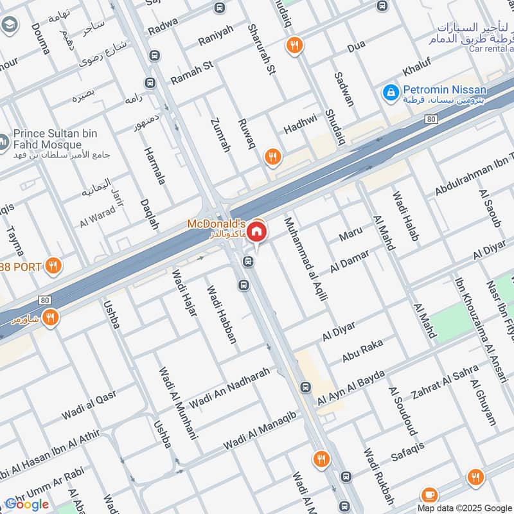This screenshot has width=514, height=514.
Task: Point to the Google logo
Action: click(x=27, y=504)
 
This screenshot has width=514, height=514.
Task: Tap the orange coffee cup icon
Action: click(x=429, y=495)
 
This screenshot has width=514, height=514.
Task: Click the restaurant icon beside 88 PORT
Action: click(x=54, y=265)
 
